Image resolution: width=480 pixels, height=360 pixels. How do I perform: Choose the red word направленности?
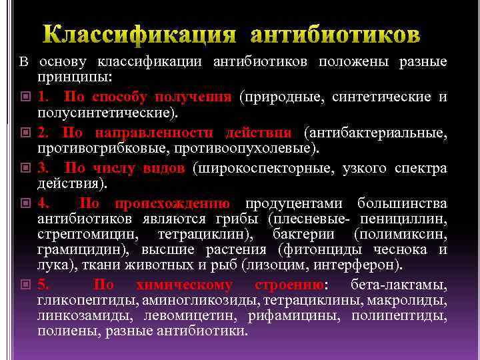[x=160, y=131]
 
